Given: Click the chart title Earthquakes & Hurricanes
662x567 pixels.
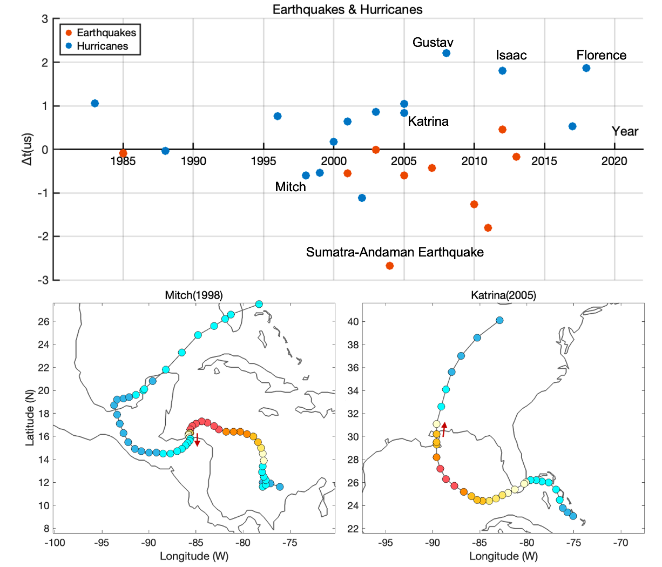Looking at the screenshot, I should click(347, 9).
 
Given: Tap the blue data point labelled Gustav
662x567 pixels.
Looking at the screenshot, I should click(446, 53).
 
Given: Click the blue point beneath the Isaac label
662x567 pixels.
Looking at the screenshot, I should click(502, 71).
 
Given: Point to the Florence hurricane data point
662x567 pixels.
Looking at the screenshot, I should click(586, 68).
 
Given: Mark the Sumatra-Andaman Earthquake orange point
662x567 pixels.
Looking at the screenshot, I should click(389, 266).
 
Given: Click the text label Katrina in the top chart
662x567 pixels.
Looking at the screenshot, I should click(428, 122).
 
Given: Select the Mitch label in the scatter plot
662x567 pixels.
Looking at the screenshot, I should click(291, 187).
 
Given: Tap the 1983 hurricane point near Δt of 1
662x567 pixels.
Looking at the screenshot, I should click(95, 103).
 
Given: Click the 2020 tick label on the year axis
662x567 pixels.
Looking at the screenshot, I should click(614, 161).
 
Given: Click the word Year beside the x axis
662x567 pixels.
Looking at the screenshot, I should click(625, 131).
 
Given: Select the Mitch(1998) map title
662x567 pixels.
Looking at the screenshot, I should click(193, 295).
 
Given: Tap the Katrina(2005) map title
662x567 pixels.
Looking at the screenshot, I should click(503, 295).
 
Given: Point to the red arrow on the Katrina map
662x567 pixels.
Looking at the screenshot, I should click(444, 429).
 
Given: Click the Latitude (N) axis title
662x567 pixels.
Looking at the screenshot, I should click(30, 418).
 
